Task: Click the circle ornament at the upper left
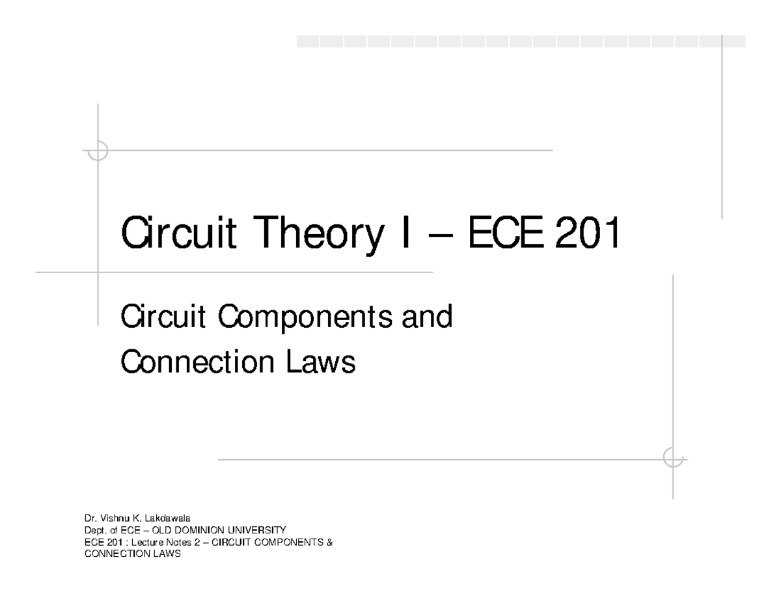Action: [x=98, y=150]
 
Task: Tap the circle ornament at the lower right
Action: [x=673, y=459]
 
